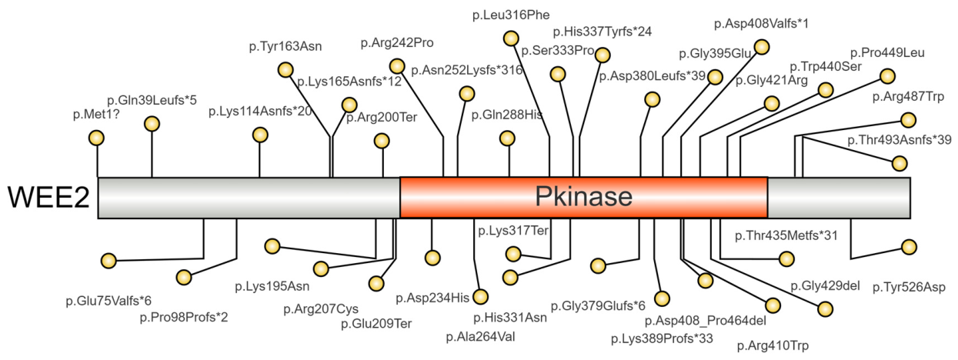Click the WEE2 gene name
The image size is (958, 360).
coord(48,198)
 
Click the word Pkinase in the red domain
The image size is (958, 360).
coord(583,197)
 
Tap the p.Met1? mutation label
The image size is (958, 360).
coord(95,115)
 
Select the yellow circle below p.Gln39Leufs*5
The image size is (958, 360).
coord(152,124)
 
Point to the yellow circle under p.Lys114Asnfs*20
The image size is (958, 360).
coord(260,135)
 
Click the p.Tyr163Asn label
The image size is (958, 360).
coord(285,46)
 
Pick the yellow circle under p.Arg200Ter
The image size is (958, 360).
coord(382,141)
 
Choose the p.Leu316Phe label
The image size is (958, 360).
coord(511,15)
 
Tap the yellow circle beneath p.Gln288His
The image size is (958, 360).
coord(507,138)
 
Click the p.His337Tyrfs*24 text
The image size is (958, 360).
coord(603,32)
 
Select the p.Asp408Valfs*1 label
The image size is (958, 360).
coord(761,24)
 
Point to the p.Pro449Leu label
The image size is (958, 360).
coord(887,53)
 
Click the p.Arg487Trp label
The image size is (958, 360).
coord(908,97)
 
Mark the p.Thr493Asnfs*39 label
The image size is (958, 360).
coord(899,140)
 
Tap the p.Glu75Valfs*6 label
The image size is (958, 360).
coord(108,302)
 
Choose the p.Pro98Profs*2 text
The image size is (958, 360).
coord(183,318)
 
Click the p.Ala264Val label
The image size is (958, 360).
coord(480,337)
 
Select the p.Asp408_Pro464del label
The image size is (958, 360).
coord(706,321)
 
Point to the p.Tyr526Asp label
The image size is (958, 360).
coord(909,288)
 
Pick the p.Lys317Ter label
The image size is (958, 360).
coord(512,231)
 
